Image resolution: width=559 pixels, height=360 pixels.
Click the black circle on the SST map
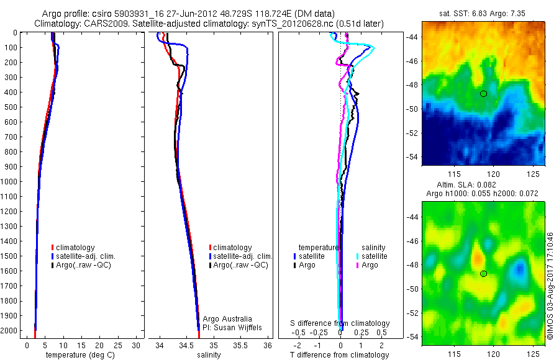click(x=484, y=94)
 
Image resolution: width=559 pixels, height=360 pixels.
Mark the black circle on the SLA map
click(x=484, y=274)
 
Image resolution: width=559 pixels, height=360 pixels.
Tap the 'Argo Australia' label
click(x=228, y=318)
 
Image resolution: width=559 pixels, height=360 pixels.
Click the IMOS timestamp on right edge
click(x=550, y=286)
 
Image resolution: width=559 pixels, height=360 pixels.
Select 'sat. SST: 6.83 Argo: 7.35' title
click(x=483, y=13)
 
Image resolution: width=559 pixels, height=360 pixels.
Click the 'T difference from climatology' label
click(x=340, y=355)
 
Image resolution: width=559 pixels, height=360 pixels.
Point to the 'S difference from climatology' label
click(x=340, y=323)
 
